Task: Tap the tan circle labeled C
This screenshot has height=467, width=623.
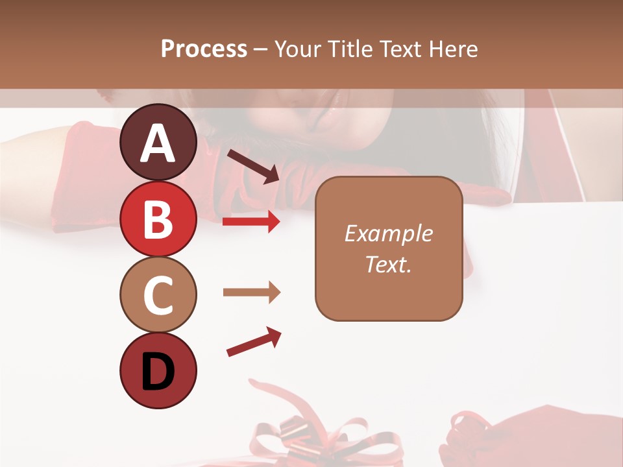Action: [x=158, y=294]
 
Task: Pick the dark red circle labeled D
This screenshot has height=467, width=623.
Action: [x=158, y=370]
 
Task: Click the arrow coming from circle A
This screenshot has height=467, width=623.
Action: [x=253, y=165]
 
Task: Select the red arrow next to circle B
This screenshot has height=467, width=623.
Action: [x=251, y=222]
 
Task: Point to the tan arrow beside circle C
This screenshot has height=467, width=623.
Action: [x=251, y=293]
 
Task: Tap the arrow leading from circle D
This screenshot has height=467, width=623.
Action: [x=254, y=342]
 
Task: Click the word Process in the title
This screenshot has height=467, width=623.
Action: [x=204, y=49]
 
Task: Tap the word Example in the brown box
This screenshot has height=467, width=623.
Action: [x=388, y=233]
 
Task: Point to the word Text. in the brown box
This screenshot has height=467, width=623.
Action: [x=388, y=264]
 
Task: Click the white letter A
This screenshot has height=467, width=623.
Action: [x=158, y=144]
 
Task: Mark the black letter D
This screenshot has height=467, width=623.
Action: [x=158, y=372]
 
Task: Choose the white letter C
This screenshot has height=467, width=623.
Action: [x=158, y=296]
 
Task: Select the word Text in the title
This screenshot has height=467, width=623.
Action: [x=400, y=49]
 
